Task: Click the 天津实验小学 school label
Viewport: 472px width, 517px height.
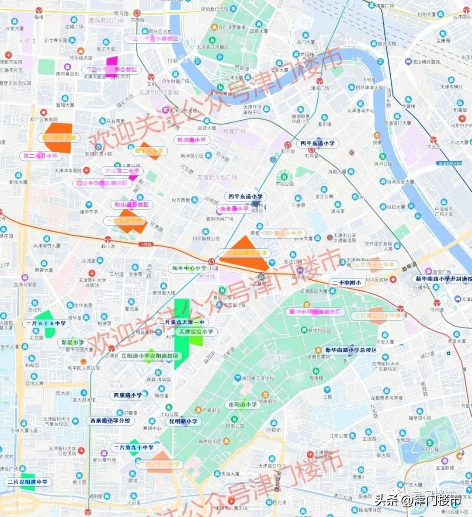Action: coord(196,332)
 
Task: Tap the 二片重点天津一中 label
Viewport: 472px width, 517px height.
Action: coord(181,322)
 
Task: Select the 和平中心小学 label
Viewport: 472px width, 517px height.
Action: coord(189,268)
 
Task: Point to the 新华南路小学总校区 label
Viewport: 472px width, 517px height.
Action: coord(351,350)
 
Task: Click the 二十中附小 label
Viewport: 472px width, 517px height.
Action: coord(347,282)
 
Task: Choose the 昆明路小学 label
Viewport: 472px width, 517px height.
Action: coord(183,421)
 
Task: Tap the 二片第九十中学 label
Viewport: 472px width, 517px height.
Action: coord(134,448)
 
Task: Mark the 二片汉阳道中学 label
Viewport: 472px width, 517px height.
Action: coord(27,482)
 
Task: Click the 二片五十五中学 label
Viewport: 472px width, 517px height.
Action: coord(46,323)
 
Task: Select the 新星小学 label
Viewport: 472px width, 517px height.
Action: coord(73,342)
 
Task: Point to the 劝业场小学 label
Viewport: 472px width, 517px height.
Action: coord(235,209)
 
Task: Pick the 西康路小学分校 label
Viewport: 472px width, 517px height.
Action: coord(110,420)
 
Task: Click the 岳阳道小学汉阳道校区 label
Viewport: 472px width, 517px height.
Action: coord(150,356)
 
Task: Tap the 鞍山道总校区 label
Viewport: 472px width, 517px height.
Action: coord(132,204)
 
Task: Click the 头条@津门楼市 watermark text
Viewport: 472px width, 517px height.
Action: coord(417,500)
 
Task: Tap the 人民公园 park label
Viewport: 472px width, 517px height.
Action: coord(430,449)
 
